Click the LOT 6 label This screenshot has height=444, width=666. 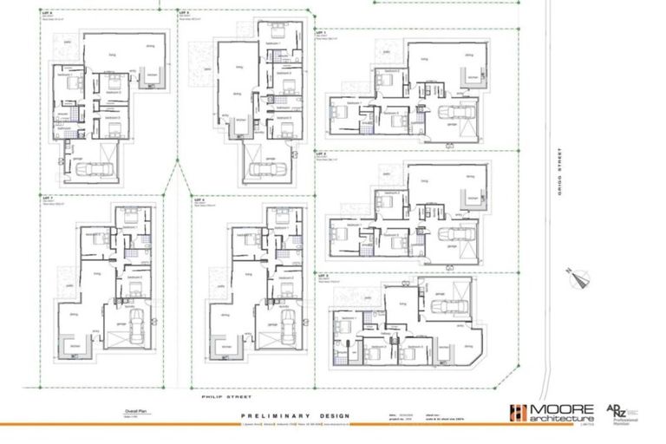point(46,15)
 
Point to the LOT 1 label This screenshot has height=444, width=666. point(321,32)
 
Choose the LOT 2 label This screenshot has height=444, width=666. point(321,152)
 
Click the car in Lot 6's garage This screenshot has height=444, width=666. point(86,169)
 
